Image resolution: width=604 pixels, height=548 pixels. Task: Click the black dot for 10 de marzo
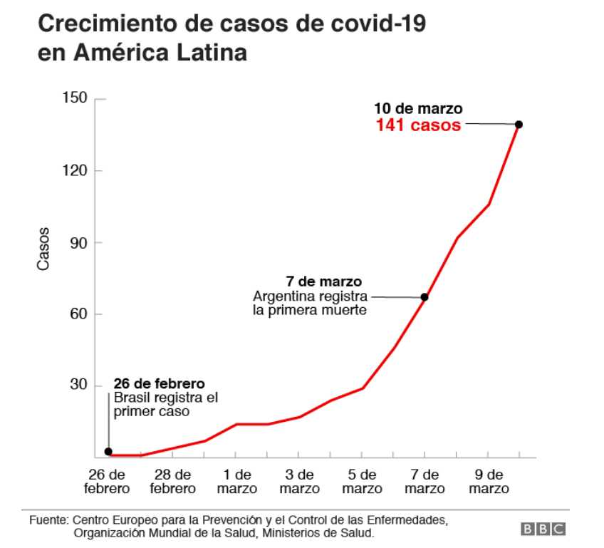pyautogui.click(x=519, y=125)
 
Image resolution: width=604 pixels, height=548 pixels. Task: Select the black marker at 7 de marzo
pyautogui.click(x=425, y=297)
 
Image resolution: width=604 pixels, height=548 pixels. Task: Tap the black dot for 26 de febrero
pyautogui.click(x=108, y=451)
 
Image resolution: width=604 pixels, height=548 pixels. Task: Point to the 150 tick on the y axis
pyautogui.click(x=75, y=99)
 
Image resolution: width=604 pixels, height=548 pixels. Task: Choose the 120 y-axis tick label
pyautogui.click(x=75, y=171)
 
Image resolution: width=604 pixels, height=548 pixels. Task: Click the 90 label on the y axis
pyautogui.click(x=78, y=242)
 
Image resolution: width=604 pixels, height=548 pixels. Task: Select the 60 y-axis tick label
pyautogui.click(x=78, y=314)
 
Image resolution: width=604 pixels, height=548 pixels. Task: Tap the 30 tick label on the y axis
pyautogui.click(x=78, y=386)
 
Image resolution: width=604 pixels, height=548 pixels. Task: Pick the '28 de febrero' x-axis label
pyautogui.click(x=172, y=482)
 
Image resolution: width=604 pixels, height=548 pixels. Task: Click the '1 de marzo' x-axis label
pyautogui.click(x=236, y=482)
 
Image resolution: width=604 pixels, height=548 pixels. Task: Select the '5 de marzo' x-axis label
pyautogui.click(x=362, y=482)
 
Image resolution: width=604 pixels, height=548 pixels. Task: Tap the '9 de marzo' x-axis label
pyautogui.click(x=488, y=482)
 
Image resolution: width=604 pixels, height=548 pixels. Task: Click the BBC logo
pyautogui.click(x=543, y=529)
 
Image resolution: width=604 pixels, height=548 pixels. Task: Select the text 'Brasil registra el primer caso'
pyautogui.click(x=165, y=404)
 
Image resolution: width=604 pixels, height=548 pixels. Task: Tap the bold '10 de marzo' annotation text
pyautogui.click(x=418, y=109)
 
